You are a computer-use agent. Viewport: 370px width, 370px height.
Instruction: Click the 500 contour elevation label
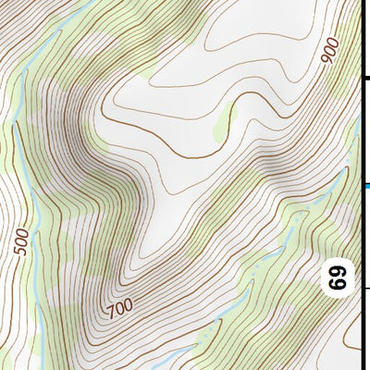[25, 240]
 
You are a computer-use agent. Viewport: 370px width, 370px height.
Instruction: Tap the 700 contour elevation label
[118, 304]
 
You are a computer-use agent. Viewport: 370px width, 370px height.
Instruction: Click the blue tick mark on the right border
[365, 186]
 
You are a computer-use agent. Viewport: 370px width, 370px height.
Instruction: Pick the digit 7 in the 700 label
[108, 309]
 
